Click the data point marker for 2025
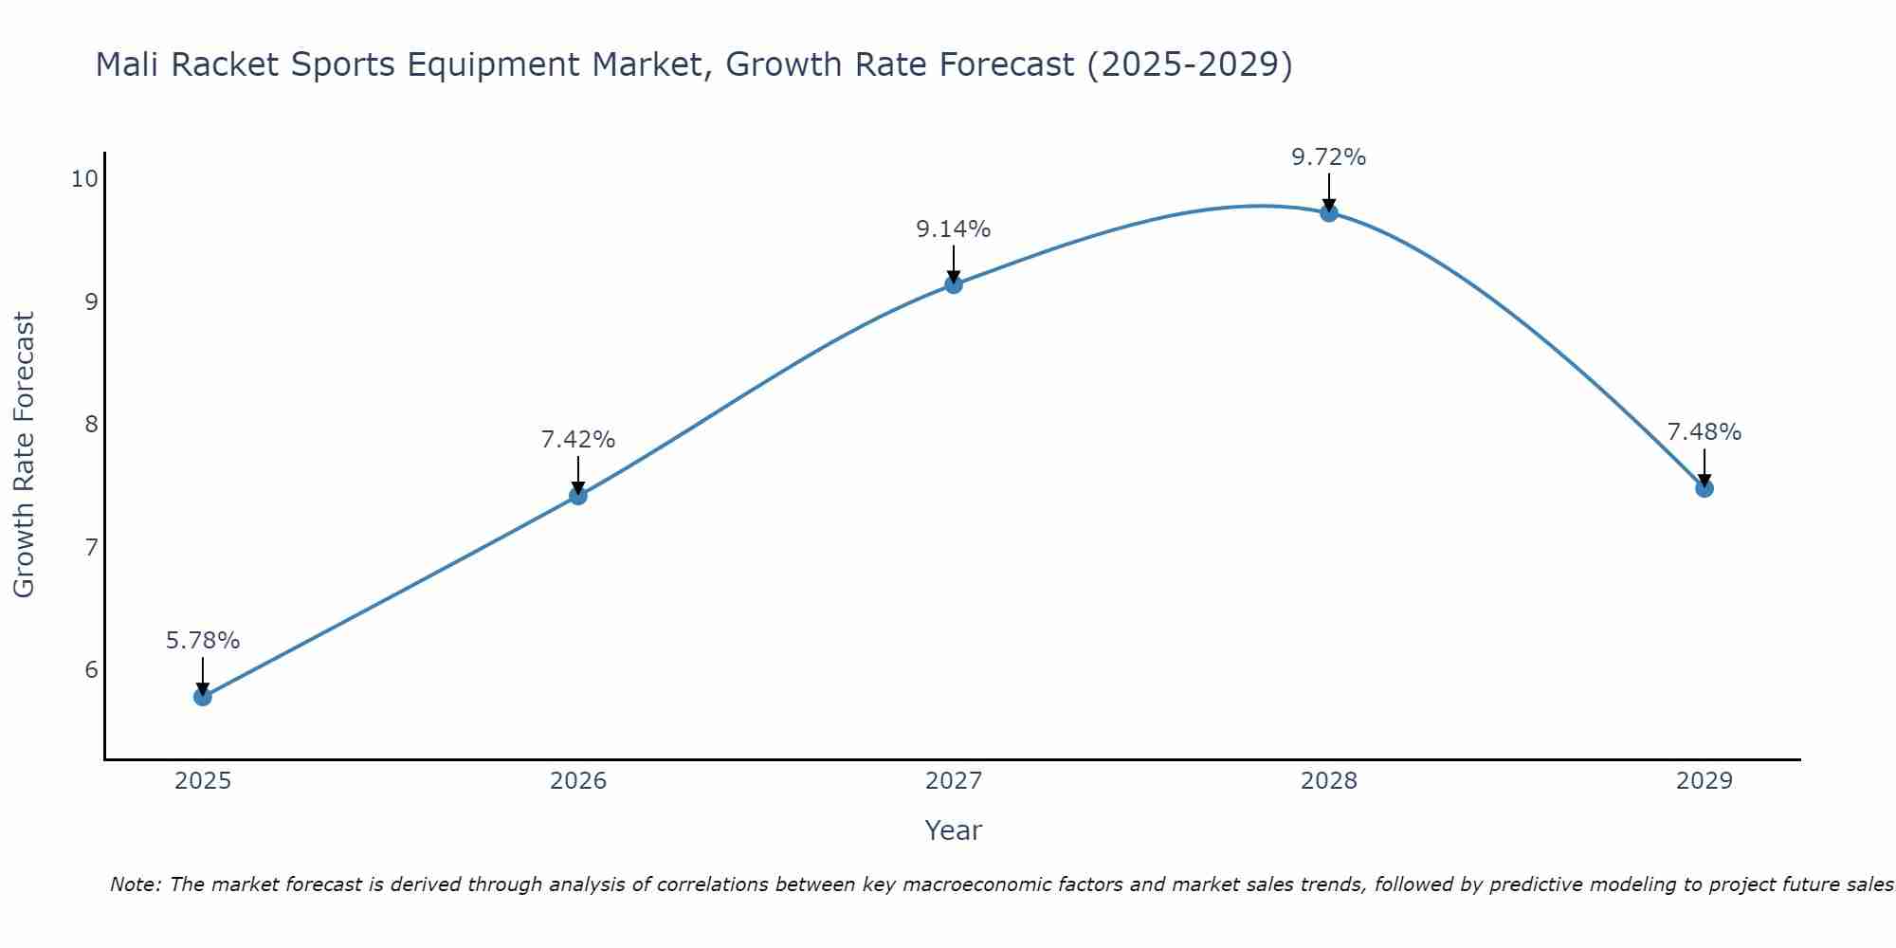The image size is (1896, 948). point(203,697)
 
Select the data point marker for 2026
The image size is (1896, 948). point(578,495)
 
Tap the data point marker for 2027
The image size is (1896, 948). point(954,284)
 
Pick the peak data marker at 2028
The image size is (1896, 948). point(1329,212)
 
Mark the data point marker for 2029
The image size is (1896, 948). point(1705,488)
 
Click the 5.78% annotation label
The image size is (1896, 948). point(203,641)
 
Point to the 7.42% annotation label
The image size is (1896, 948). point(578,440)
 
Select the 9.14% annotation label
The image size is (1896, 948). point(954,229)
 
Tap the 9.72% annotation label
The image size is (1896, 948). point(1329,157)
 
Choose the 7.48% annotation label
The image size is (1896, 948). point(1705,432)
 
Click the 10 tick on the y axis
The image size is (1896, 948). point(84,179)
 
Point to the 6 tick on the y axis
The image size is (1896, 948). point(91,670)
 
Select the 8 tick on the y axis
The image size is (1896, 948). point(91,424)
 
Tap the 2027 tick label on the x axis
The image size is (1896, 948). point(954,781)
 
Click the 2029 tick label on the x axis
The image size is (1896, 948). point(1705,781)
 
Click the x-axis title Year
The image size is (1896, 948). point(954,830)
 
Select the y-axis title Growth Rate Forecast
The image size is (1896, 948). point(25,455)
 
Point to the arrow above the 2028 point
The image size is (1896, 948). point(1329,192)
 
